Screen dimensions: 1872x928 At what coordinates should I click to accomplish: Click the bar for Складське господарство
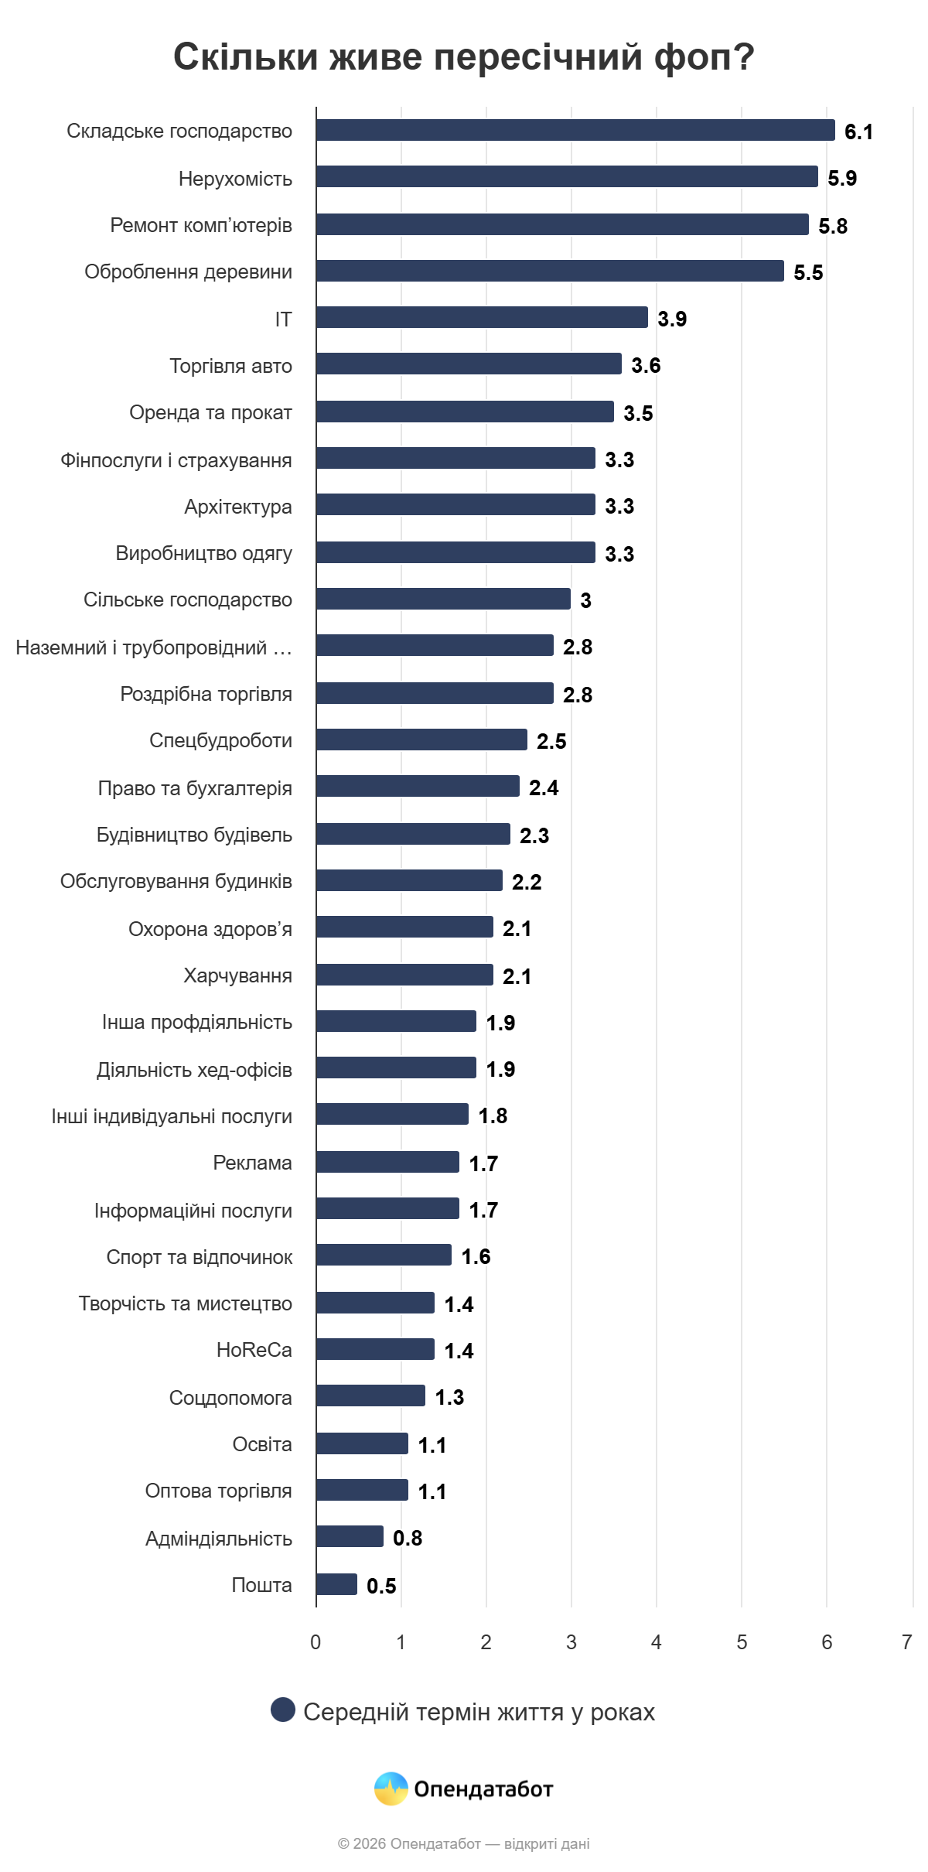coord(575,130)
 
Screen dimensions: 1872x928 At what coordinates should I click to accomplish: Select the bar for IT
coord(482,317)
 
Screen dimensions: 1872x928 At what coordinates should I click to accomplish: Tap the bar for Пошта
coord(336,1584)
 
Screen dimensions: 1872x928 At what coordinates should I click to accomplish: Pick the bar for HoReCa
coord(375,1349)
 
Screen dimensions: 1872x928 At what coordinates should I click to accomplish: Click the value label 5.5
coord(808,272)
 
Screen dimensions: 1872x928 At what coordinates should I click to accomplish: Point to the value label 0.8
coord(408,1538)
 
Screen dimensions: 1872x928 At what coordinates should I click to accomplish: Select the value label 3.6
coord(646,365)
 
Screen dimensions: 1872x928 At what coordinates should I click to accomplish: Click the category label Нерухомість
coord(235,179)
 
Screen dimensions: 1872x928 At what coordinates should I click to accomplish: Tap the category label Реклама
coord(252,1163)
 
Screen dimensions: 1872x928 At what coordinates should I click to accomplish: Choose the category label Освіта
coord(262,1444)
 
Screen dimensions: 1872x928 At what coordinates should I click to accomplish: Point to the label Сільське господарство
coord(188,600)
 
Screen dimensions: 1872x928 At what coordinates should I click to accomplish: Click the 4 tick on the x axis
coord(657,1641)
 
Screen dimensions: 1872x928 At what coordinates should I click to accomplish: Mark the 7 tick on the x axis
coord(906,1641)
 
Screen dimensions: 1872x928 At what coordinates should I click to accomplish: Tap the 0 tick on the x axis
coord(316,1641)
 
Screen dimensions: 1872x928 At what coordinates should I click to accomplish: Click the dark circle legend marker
coord(283,1710)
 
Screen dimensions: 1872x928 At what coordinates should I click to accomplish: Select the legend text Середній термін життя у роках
coord(479,1712)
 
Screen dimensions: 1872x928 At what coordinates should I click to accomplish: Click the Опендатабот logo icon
coord(391,1788)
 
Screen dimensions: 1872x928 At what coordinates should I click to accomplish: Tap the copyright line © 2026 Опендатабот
coord(463,1843)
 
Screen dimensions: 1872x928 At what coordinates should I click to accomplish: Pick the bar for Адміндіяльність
coord(350,1536)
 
